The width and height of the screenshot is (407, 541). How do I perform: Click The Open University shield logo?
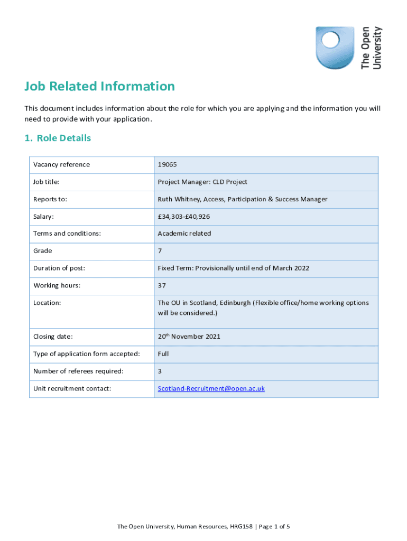click(335, 48)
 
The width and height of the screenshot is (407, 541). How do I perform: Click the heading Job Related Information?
click(99, 86)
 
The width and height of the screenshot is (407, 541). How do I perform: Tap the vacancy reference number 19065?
click(167, 165)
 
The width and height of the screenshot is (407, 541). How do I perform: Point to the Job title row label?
click(47, 182)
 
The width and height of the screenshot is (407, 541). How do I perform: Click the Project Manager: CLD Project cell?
click(202, 182)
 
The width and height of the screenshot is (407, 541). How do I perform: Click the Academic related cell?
click(184, 234)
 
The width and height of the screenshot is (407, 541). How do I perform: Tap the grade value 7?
click(160, 251)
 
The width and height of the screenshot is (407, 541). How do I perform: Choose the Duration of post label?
click(59, 268)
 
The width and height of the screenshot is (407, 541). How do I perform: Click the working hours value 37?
click(162, 286)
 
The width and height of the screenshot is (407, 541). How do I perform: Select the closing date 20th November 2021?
click(189, 337)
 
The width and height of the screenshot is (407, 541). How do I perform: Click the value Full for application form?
click(163, 354)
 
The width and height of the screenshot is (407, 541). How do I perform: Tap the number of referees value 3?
click(160, 371)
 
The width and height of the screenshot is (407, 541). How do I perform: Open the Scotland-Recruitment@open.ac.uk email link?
click(211, 389)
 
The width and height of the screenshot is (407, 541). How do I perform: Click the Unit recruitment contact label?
click(72, 389)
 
